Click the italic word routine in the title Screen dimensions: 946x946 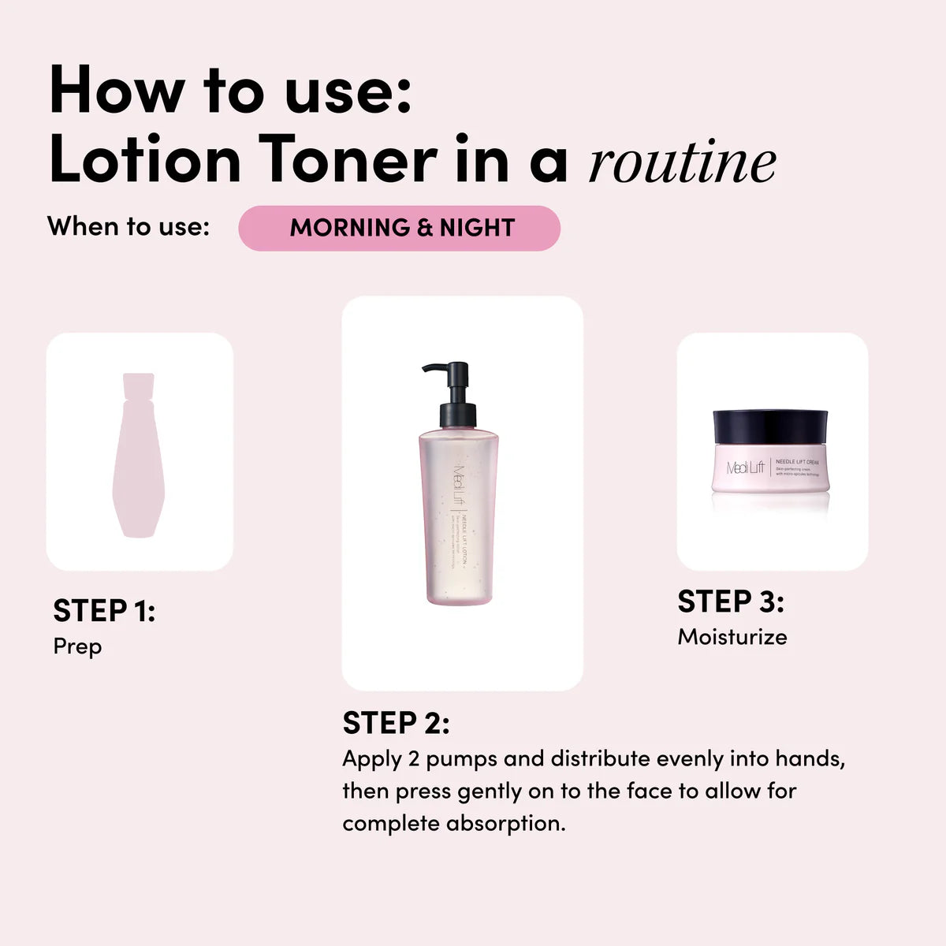click(682, 163)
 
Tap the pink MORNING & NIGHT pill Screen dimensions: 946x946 click(400, 228)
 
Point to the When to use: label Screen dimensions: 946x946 click(128, 226)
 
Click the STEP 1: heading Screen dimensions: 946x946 click(104, 610)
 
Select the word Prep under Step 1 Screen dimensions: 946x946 click(77, 646)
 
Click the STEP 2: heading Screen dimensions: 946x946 click(396, 723)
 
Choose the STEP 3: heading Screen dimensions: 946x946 click(731, 601)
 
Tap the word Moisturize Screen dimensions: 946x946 click(732, 637)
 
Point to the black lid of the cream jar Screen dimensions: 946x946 click(770, 426)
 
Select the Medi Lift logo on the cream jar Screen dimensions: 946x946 click(746, 467)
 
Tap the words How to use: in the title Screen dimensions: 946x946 click(230, 91)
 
